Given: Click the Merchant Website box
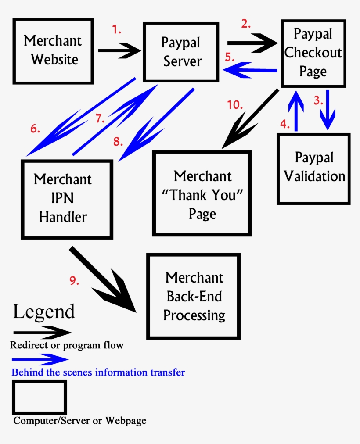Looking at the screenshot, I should pyautogui.click(x=53, y=51).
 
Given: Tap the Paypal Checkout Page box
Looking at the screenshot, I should pyautogui.click(x=313, y=53).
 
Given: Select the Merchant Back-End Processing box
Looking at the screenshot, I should pyautogui.click(x=194, y=297).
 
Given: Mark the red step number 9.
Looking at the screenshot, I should pyautogui.click(x=74, y=281).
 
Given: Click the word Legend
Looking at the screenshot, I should pyautogui.click(x=44, y=312).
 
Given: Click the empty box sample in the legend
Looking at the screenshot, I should pyautogui.click(x=40, y=397).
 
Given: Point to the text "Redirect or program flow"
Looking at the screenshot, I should pyautogui.click(x=67, y=345).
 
